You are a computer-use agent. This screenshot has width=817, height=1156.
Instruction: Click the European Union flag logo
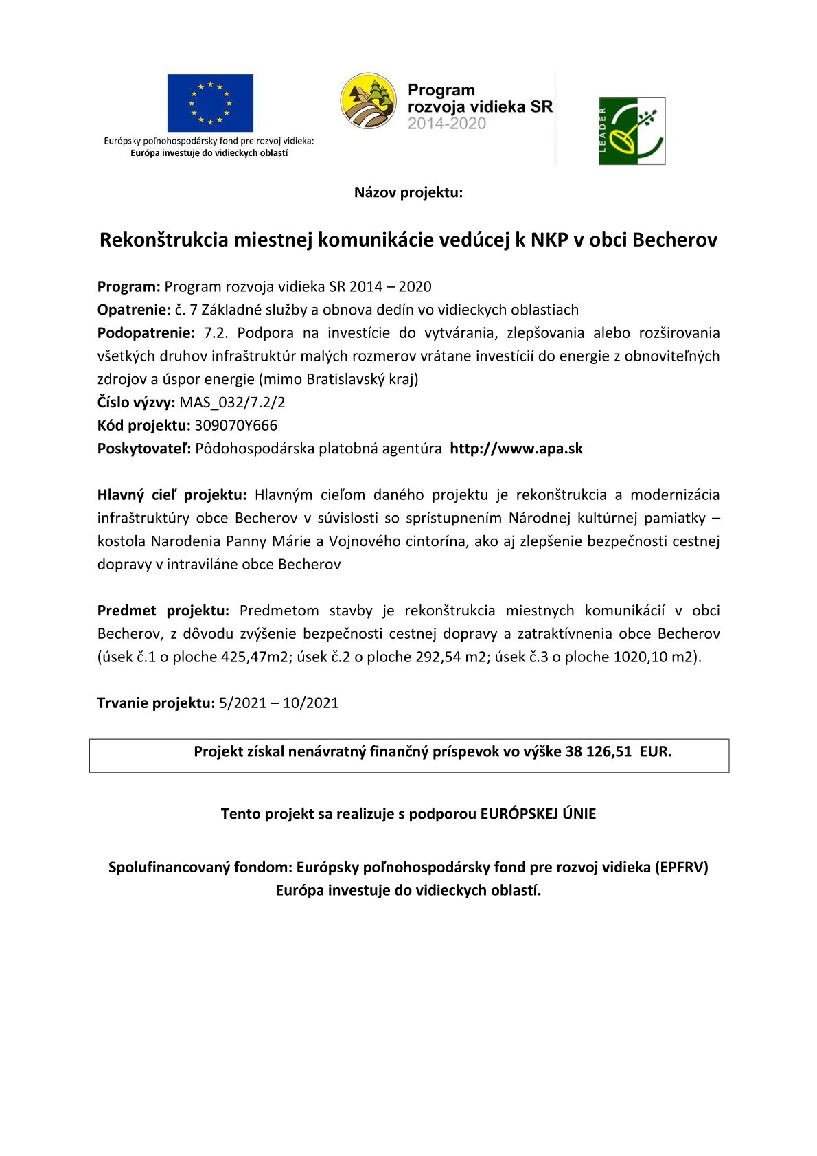tap(210, 103)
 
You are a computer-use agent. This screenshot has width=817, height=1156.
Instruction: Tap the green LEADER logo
tap(632, 131)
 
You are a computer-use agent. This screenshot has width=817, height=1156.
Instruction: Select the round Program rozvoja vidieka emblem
tap(369, 102)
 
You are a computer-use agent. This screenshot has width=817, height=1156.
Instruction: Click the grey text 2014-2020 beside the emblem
tap(447, 124)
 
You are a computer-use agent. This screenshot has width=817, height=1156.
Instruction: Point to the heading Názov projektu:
tap(408, 192)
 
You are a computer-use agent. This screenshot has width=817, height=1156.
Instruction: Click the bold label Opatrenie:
tap(134, 310)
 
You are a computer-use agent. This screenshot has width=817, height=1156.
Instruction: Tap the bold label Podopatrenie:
tap(146, 333)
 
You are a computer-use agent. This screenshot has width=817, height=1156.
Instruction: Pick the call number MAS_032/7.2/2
tap(232, 403)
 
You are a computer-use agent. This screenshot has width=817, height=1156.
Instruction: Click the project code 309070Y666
tap(236, 426)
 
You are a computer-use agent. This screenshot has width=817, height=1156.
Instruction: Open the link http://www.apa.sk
tap(516, 449)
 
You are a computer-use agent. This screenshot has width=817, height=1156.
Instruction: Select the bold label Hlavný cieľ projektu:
tap(172, 495)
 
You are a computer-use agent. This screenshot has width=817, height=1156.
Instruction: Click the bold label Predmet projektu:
tap(163, 611)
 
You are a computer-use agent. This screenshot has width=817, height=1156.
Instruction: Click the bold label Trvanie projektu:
tap(156, 703)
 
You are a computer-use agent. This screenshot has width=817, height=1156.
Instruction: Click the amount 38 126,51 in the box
tap(598, 751)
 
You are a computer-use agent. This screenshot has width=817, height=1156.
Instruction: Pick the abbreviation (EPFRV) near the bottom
tap(681, 868)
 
